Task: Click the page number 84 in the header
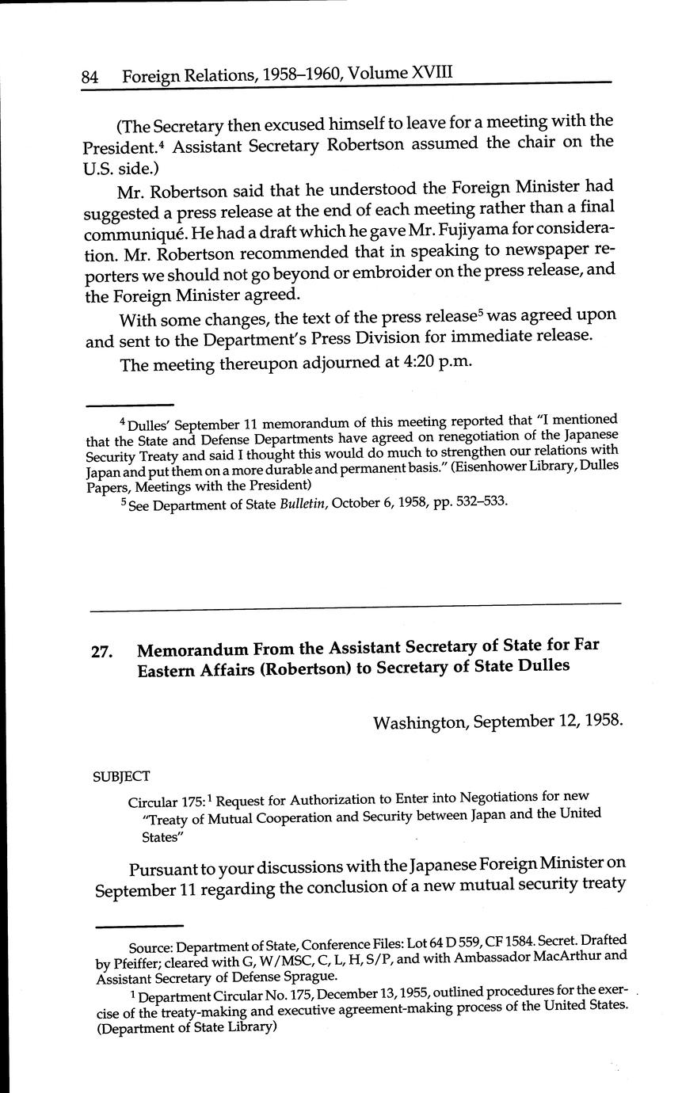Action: click(x=89, y=78)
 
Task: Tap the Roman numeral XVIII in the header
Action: click(x=432, y=73)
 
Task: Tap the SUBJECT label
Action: click(x=122, y=776)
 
